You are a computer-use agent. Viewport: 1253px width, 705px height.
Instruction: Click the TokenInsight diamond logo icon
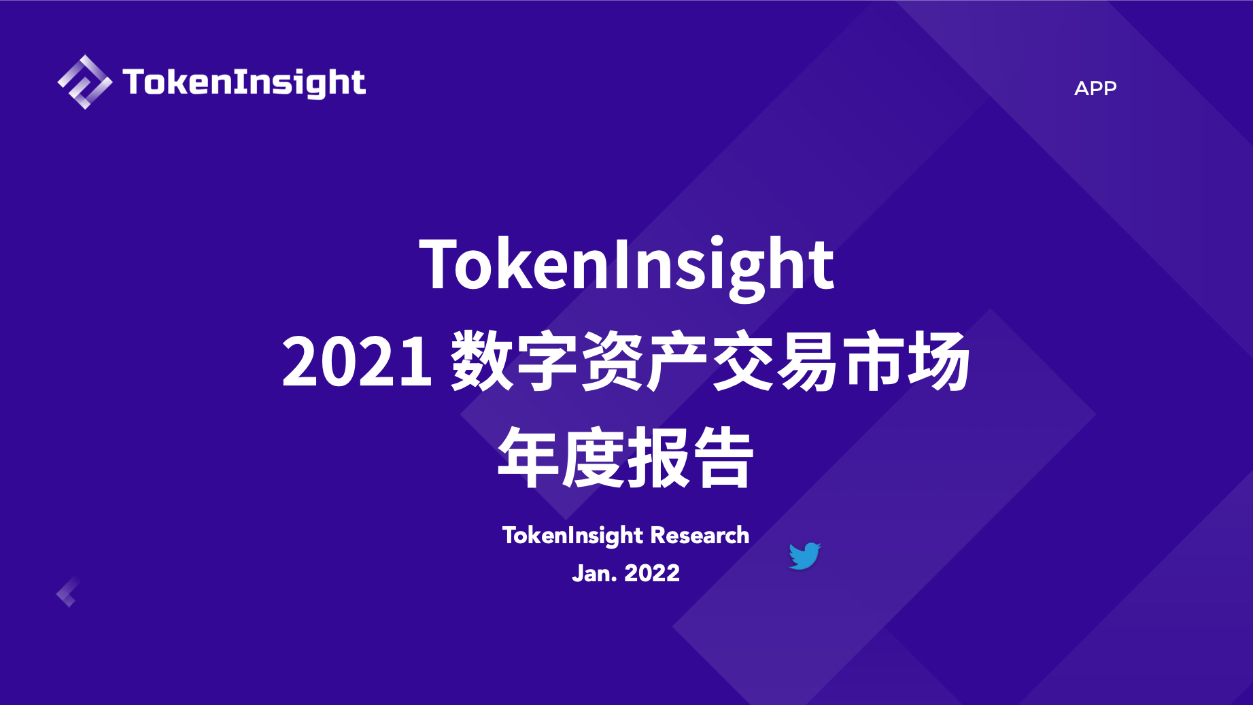tap(85, 82)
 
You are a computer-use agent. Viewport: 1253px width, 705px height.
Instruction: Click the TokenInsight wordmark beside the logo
tap(244, 83)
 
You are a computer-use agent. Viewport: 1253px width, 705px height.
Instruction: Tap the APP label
tap(1095, 88)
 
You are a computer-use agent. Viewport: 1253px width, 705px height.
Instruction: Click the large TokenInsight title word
tap(626, 266)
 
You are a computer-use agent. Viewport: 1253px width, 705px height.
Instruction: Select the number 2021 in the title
tap(357, 362)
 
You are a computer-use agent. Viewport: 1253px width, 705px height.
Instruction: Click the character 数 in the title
tap(481, 361)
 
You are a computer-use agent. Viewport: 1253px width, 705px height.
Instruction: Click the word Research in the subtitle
tap(700, 536)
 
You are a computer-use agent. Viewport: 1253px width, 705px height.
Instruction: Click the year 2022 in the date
tap(652, 573)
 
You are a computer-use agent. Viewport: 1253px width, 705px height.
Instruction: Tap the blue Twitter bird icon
tap(805, 556)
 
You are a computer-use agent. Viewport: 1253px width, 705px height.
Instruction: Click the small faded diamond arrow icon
tap(68, 592)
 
